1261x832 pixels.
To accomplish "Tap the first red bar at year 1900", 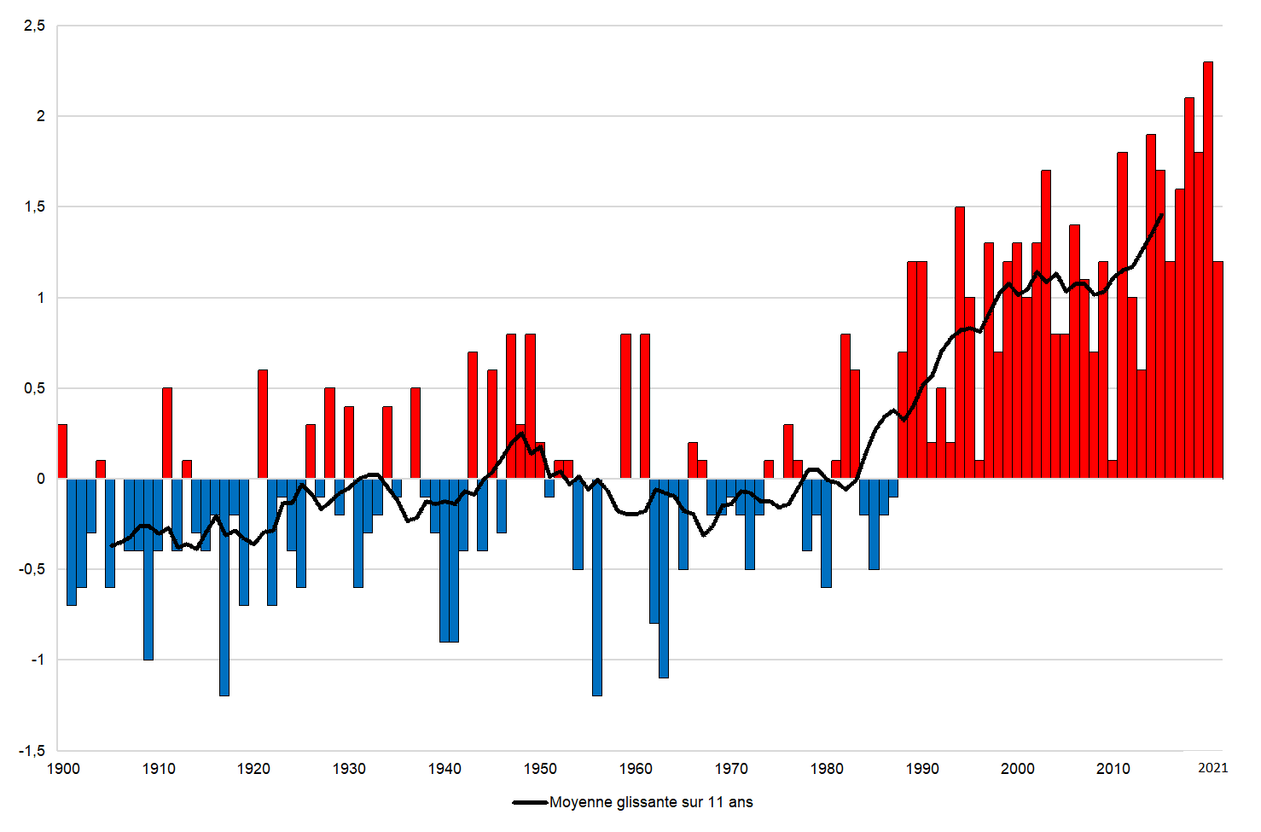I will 62,451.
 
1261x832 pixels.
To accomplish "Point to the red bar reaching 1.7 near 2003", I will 1046,324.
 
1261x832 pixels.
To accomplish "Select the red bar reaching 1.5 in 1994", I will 960,342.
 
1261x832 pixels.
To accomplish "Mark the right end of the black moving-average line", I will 1161,215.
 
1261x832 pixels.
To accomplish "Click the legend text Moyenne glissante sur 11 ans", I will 651,802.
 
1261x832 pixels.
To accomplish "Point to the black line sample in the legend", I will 530,803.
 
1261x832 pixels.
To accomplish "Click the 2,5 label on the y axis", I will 34,26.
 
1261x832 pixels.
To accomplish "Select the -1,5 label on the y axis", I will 32,751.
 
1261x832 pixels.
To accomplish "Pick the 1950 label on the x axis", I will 540,769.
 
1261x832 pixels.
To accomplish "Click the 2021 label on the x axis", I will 1212,768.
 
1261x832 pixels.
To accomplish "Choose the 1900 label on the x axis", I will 63,769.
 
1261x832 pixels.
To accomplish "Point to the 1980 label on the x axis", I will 827,769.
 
